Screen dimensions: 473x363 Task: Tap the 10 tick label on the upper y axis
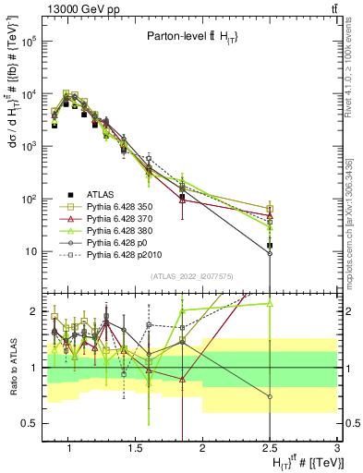coord(30,251)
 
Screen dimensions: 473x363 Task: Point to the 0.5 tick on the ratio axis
coord(27,423)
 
